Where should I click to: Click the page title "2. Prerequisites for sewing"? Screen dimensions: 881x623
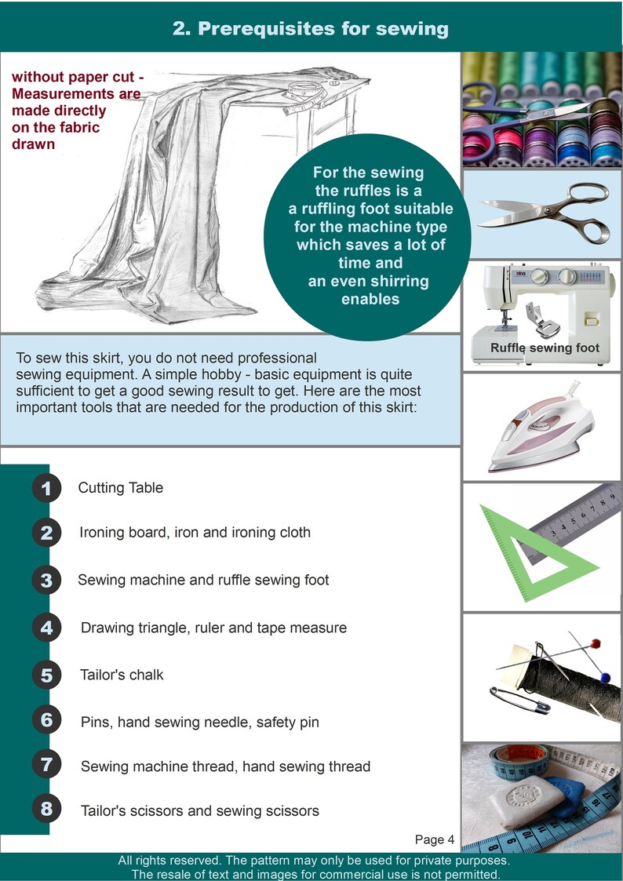click(x=311, y=29)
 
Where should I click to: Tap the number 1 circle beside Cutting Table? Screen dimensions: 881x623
click(x=46, y=489)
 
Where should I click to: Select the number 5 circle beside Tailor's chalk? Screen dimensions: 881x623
click(x=46, y=675)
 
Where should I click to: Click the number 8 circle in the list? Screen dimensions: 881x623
click(x=46, y=809)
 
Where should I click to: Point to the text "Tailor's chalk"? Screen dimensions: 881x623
click(x=122, y=675)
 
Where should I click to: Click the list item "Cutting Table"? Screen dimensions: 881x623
click(x=121, y=488)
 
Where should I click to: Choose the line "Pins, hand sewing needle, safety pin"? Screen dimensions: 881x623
click(x=199, y=722)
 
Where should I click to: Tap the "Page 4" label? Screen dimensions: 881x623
click(x=435, y=839)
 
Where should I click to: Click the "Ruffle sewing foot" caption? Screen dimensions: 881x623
click(x=545, y=348)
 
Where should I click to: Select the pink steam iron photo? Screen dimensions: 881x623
click(x=541, y=430)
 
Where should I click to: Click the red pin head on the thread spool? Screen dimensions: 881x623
click(x=595, y=643)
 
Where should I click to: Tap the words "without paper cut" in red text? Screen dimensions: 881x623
click(x=78, y=77)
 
